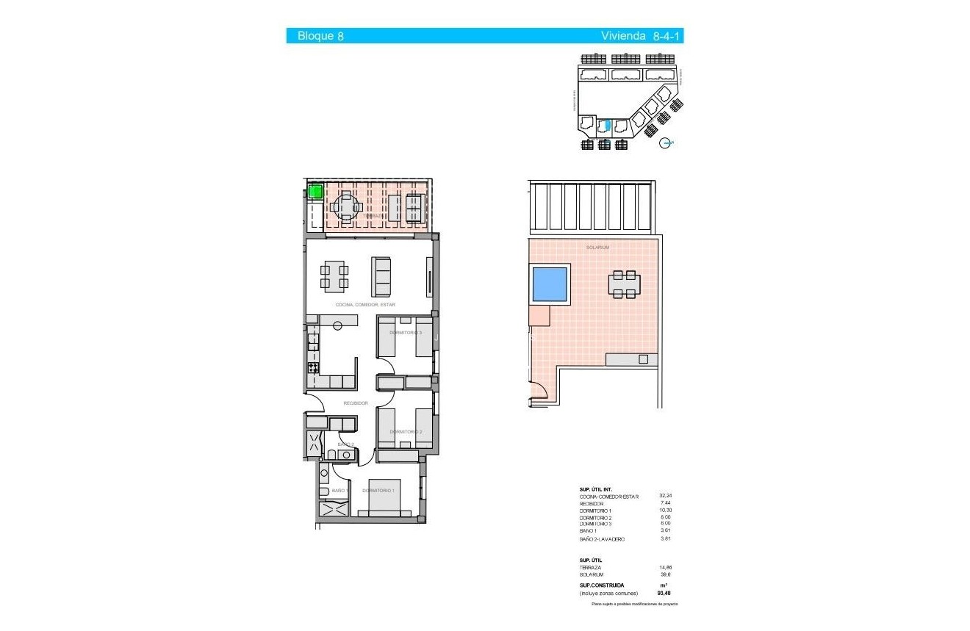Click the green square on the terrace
315,192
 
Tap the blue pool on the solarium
550,285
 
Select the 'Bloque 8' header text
320,36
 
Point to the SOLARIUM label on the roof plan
597,248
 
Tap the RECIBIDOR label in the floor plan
355,403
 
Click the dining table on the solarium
624,284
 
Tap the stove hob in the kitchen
313,367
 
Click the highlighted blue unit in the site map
607,125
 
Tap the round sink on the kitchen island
338,326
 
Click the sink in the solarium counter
644,359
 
